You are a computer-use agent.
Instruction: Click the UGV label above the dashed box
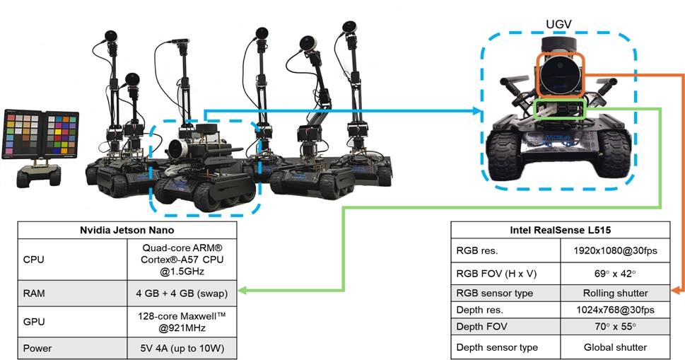(558, 25)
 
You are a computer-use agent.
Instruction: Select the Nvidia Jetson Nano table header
(127, 231)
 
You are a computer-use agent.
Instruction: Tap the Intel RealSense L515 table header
(561, 231)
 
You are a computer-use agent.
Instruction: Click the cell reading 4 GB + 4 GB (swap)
(182, 293)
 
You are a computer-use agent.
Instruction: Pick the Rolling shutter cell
(615, 293)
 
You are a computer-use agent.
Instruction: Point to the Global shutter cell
(615, 347)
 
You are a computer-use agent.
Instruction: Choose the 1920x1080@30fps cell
(615, 251)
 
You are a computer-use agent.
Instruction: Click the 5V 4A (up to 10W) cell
(182, 348)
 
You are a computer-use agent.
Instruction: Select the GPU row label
(34, 322)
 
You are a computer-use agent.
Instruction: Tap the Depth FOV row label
(482, 327)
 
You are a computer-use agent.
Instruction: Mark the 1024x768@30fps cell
(615, 310)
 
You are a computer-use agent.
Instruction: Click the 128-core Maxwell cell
(182, 322)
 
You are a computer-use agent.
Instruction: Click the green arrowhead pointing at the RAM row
(242, 290)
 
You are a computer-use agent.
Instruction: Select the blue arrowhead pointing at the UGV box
(476, 111)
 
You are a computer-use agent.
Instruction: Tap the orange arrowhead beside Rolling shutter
(675, 290)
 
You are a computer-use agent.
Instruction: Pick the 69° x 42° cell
(615, 274)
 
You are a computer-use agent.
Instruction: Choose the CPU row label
(34, 260)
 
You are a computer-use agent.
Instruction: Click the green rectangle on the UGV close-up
(560, 109)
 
